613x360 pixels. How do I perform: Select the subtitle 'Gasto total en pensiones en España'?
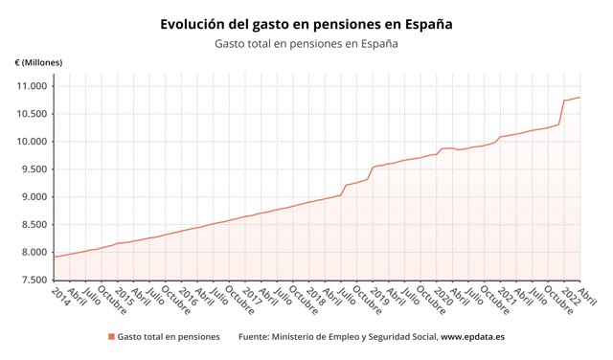[x=306, y=43]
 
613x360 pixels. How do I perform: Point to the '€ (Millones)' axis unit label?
[x=38, y=63]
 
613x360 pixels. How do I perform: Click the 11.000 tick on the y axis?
[x=32, y=86]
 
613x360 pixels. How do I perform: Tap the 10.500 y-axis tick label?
[x=32, y=114]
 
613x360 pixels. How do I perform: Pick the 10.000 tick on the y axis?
[x=32, y=142]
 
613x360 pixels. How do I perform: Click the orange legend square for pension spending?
[x=111, y=337]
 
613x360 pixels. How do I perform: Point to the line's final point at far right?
[x=579, y=98]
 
